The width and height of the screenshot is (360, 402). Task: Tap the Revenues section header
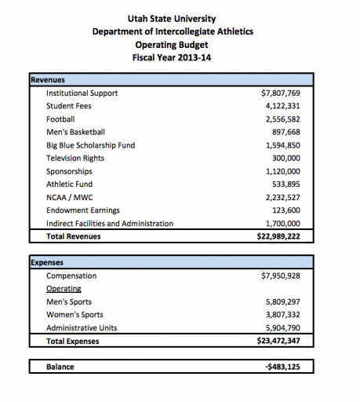48,80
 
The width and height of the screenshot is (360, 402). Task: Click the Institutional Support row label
82,93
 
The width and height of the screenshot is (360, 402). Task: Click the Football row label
61,119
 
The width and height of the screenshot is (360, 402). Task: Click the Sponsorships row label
69,171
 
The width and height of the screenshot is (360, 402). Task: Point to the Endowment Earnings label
83,210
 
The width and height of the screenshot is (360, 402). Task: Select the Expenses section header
47,263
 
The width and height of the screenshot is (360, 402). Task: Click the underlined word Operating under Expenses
64,289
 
